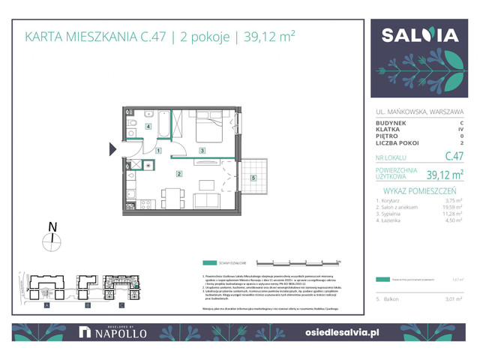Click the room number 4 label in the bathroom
coord(148,127)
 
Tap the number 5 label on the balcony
coord(254,178)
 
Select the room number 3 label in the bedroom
coord(202,151)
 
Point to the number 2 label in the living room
coord(178,174)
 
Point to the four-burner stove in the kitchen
coord(147,202)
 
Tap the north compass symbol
coord(52,239)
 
